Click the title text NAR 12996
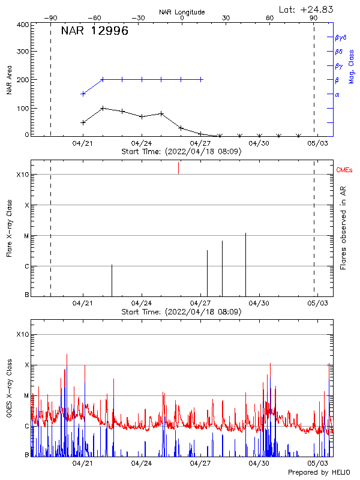[95, 32]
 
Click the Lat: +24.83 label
[307, 9]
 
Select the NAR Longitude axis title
[182, 12]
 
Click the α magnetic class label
[337, 95]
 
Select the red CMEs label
[344, 171]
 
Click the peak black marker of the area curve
[103, 109]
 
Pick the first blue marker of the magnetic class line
[83, 94]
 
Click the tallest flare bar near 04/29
[245, 264]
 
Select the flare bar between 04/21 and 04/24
[112, 280]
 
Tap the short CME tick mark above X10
[178, 168]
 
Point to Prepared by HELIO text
[319, 472]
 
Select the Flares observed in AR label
[343, 228]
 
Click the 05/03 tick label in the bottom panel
[317, 463]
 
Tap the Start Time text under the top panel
[181, 152]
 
